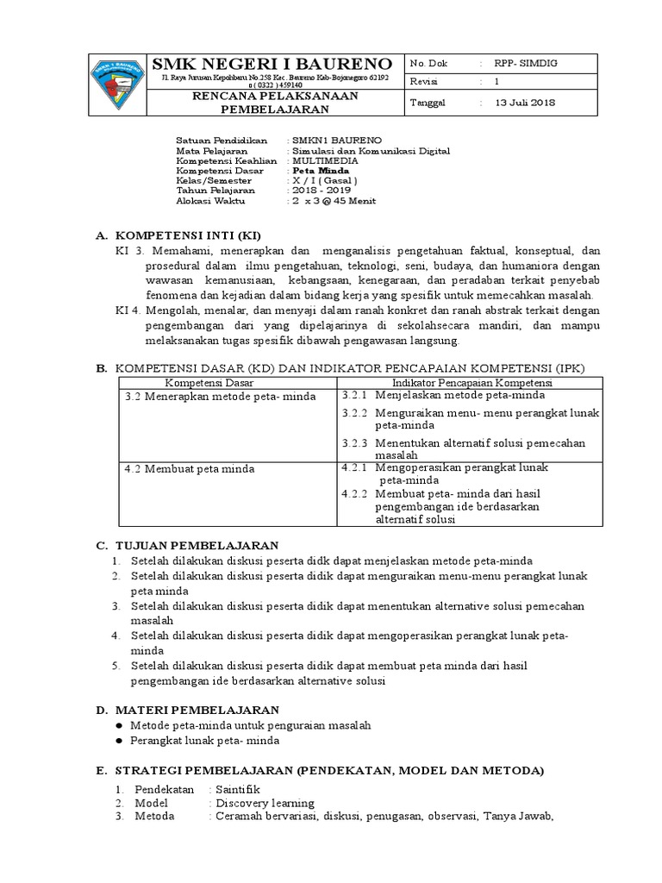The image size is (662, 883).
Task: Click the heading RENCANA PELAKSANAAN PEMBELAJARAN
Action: click(x=274, y=103)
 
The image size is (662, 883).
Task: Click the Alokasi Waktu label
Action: click(x=210, y=202)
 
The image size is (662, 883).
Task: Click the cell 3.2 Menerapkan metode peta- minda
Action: click(x=220, y=396)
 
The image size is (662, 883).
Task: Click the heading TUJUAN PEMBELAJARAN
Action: click(x=198, y=546)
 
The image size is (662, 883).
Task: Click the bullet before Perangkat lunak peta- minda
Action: click(x=119, y=740)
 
